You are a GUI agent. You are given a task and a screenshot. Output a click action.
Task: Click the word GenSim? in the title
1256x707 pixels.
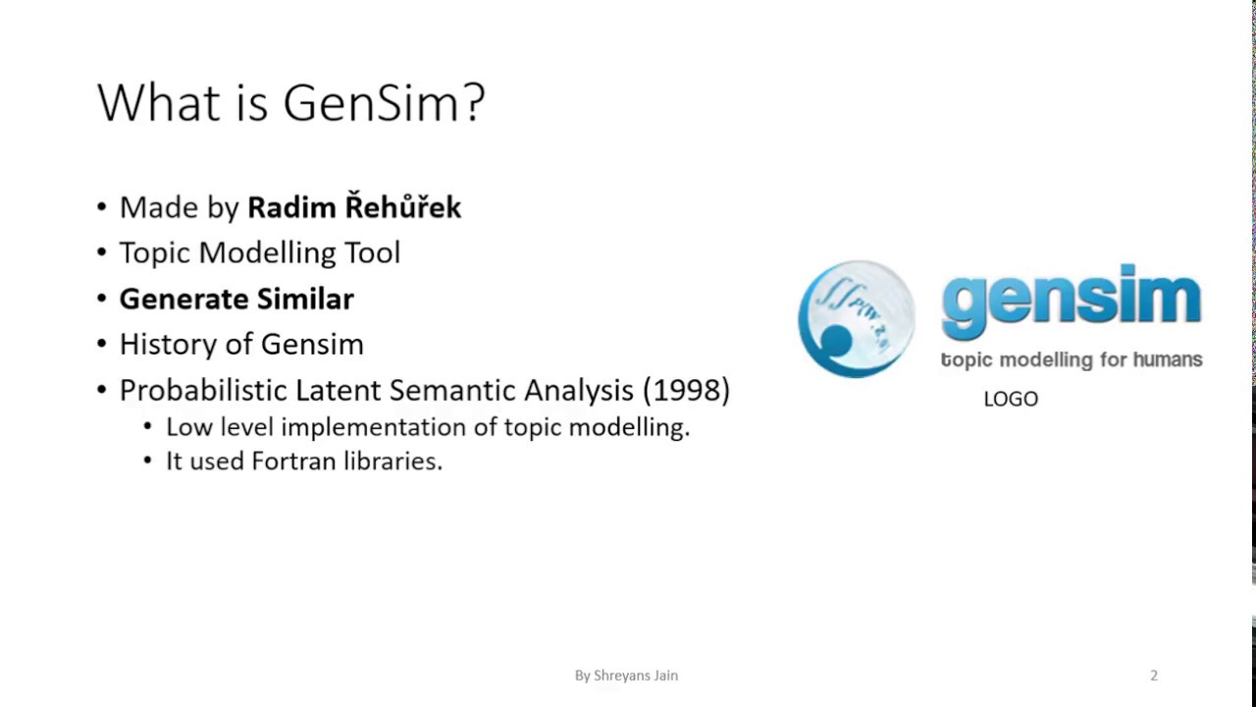384,103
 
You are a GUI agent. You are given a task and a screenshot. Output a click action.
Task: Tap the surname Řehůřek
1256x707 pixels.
402,207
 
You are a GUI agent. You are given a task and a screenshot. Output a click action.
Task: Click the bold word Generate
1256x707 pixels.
183,299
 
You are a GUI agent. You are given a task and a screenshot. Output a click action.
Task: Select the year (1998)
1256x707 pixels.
686,391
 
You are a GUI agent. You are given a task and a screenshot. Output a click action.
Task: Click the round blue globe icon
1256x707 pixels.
856,318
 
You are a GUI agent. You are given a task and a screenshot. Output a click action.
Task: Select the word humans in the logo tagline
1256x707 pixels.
1167,360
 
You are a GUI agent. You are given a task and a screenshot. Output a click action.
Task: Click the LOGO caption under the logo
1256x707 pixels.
1011,399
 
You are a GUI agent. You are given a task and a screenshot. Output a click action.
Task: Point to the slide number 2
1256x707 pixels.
1154,676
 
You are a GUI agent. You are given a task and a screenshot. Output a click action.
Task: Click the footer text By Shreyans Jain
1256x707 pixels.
626,676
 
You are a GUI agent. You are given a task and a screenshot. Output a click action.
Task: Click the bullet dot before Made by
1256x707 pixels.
103,208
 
